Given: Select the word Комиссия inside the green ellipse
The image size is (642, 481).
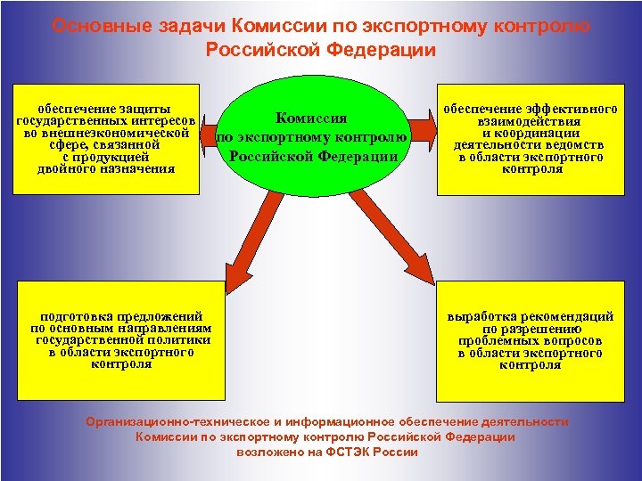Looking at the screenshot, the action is [x=311, y=118].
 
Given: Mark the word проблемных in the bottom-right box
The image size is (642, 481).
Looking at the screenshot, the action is [x=497, y=341].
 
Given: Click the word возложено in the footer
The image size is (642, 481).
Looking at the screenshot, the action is [x=268, y=452].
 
